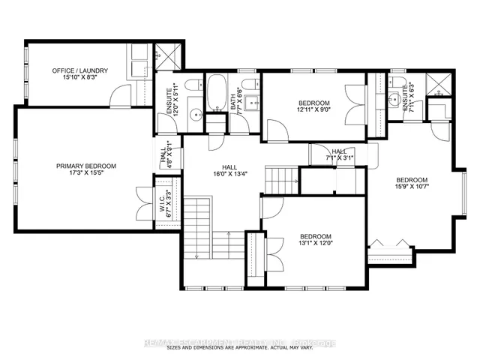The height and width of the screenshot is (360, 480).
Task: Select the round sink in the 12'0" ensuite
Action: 195,115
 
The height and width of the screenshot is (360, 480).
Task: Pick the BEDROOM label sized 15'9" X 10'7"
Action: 412,180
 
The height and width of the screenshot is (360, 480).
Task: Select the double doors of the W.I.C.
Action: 145,200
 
